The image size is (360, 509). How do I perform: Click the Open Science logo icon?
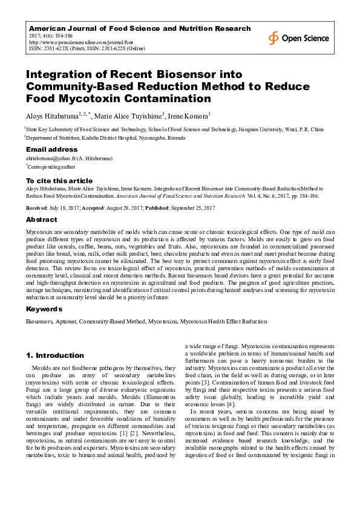(x=274, y=38)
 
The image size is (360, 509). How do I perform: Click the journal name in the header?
(x=140, y=28)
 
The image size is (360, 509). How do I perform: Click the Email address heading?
(x=51, y=149)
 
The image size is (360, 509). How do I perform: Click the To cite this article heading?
(x=59, y=181)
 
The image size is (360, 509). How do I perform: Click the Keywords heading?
(x=44, y=309)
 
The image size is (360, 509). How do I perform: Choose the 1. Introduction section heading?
(x=55, y=355)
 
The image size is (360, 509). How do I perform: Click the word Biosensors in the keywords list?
(x=38, y=321)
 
